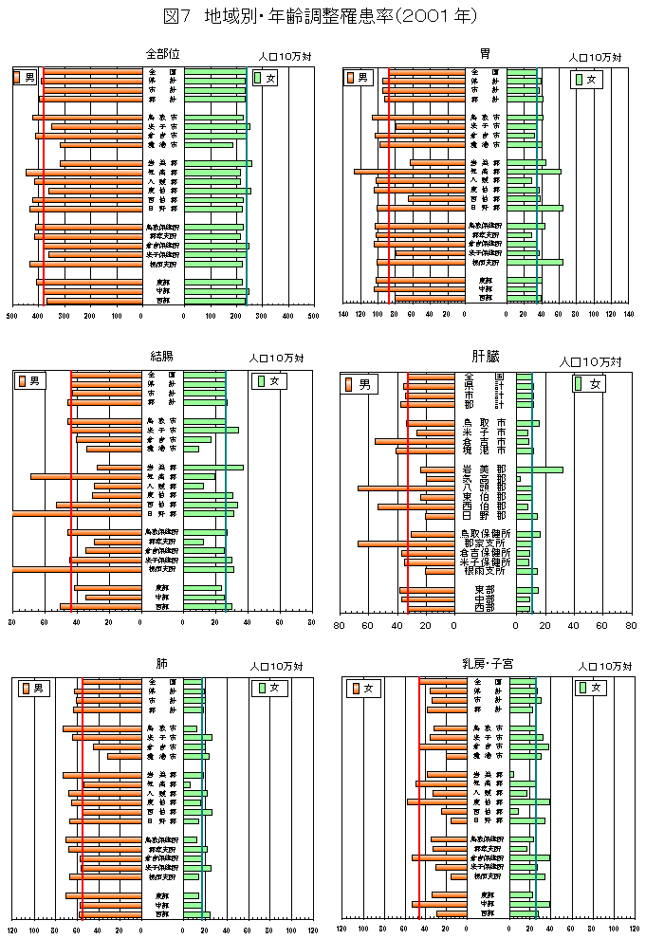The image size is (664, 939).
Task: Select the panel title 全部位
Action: [163, 54]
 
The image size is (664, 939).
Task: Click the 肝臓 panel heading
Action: [486, 357]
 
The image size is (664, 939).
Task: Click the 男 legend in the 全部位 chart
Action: [26, 76]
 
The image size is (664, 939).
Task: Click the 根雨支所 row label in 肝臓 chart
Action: [485, 571]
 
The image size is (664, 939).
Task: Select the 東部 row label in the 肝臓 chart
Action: [485, 590]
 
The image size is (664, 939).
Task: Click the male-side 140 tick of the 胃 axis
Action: [344, 313]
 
